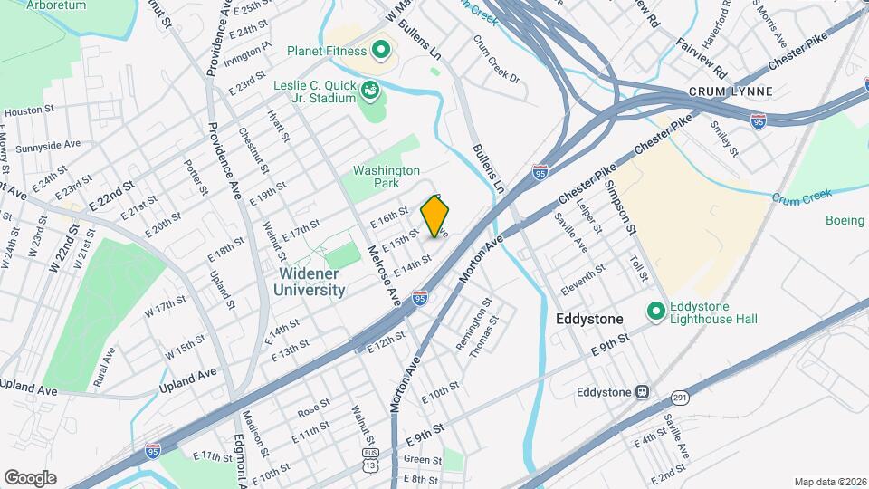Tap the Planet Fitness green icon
click(x=380, y=50)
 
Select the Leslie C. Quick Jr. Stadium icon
click(x=369, y=90)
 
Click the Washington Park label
click(x=387, y=177)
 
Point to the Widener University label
click(x=309, y=282)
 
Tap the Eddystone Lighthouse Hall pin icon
click(x=657, y=312)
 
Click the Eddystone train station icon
click(x=642, y=392)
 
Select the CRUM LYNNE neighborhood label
click(x=722, y=92)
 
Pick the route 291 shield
click(x=680, y=397)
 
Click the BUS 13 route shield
click(x=370, y=458)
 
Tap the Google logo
click(x=30, y=477)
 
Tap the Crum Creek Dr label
click(x=497, y=59)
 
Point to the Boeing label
click(x=845, y=220)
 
